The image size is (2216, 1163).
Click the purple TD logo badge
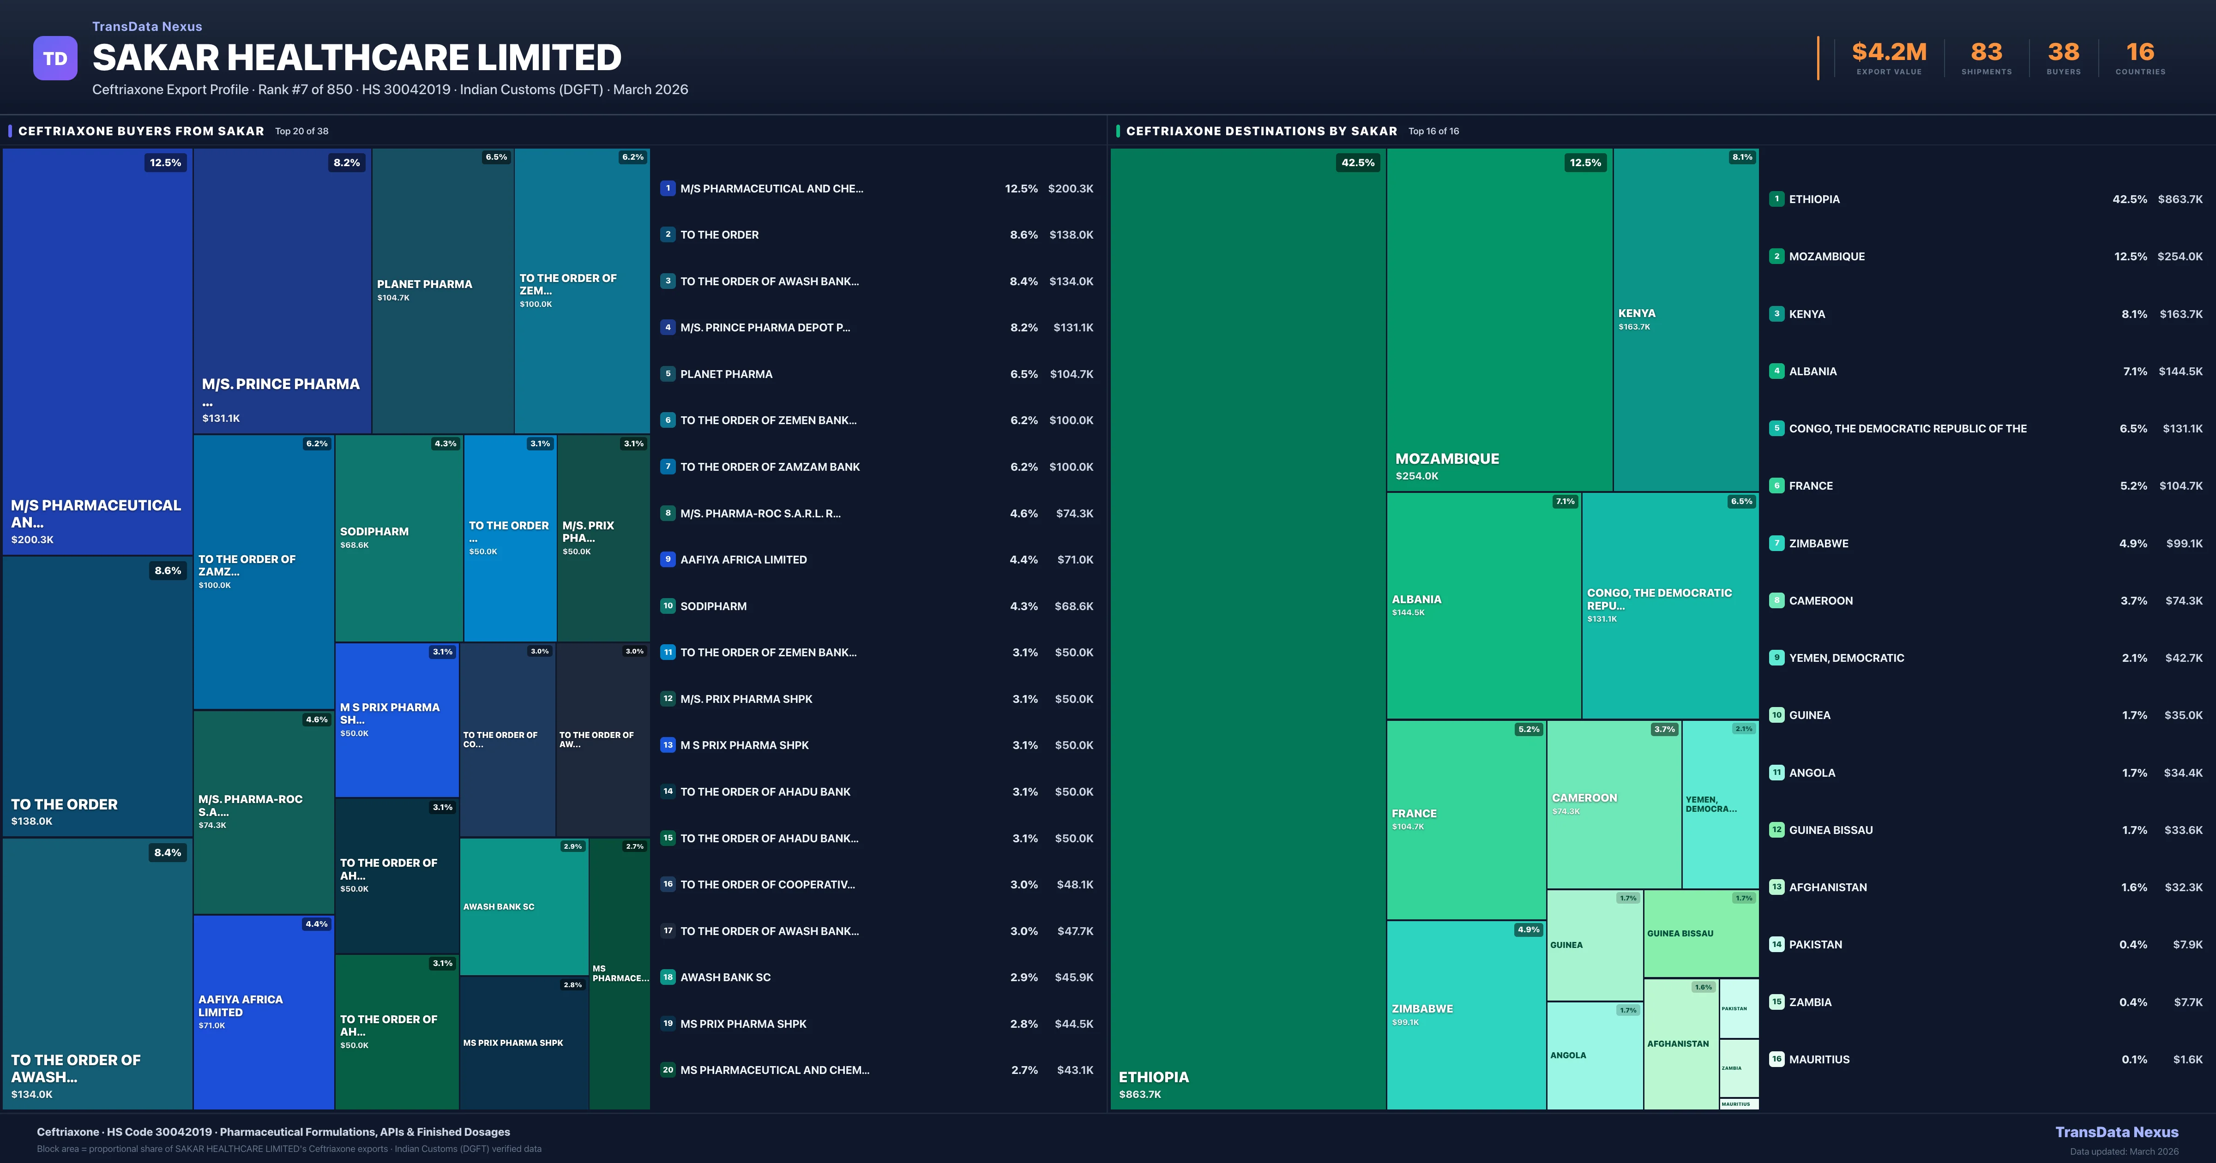click(55, 59)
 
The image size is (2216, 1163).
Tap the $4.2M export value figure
click(1889, 53)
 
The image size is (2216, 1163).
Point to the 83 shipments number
click(1986, 53)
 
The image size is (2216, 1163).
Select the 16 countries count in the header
click(2140, 53)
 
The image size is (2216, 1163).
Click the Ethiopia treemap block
click(1247, 628)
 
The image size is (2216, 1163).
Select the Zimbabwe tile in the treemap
click(1466, 1015)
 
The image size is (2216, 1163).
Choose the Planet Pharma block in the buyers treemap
click(442, 290)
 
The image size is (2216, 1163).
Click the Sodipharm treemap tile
click(398, 538)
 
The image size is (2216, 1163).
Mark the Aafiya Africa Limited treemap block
click(263, 1012)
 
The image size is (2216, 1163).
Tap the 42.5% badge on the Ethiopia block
click(1357, 162)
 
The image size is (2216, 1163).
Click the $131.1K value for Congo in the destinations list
click(2182, 428)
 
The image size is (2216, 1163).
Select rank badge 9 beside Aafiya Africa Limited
click(668, 559)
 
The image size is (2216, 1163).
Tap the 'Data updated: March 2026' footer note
click(2123, 1151)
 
